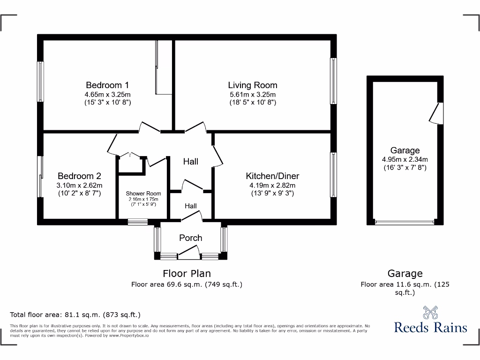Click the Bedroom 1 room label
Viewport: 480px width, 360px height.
click(x=107, y=85)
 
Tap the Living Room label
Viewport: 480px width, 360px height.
click(x=253, y=85)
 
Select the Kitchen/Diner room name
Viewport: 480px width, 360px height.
click(x=272, y=176)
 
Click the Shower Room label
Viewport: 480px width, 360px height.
click(x=143, y=194)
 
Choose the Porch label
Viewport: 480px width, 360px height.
click(x=191, y=238)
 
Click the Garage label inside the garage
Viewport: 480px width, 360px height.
click(x=405, y=150)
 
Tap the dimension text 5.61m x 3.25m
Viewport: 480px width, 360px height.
click(x=253, y=94)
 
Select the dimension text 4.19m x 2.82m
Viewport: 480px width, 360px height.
click(x=272, y=185)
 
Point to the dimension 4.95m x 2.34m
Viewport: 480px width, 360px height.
click(x=405, y=159)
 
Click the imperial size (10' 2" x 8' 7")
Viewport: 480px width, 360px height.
click(x=79, y=193)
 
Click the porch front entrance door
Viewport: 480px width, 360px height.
click(x=189, y=255)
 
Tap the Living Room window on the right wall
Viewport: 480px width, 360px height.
click(x=333, y=81)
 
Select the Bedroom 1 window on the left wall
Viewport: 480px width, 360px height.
click(x=41, y=82)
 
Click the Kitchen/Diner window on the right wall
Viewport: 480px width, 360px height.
click(x=333, y=174)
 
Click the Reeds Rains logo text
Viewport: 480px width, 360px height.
click(x=430, y=327)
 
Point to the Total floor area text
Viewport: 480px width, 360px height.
click(x=75, y=315)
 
